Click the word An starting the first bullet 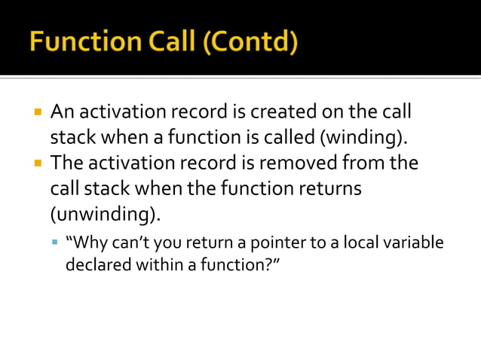[62, 112]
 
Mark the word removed [299, 163]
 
